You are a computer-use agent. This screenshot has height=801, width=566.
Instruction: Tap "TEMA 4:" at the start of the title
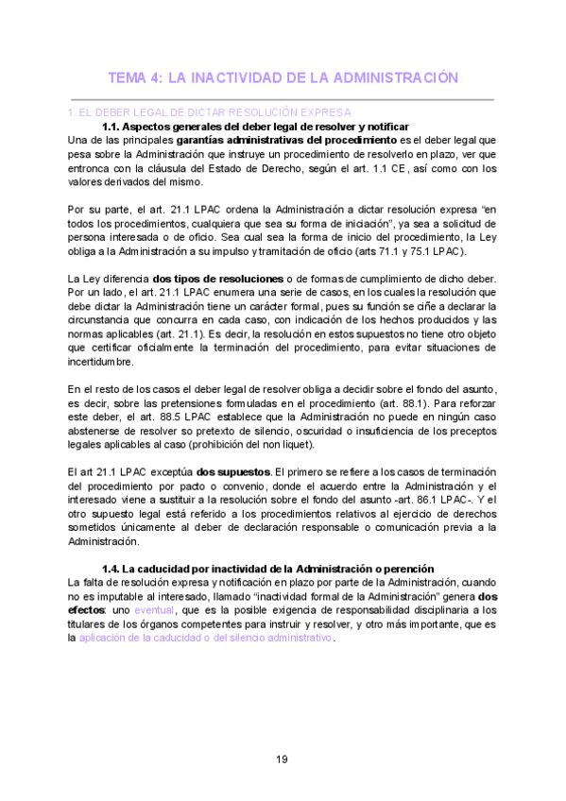point(136,77)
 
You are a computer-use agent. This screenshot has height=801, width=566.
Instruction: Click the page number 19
point(283,759)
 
